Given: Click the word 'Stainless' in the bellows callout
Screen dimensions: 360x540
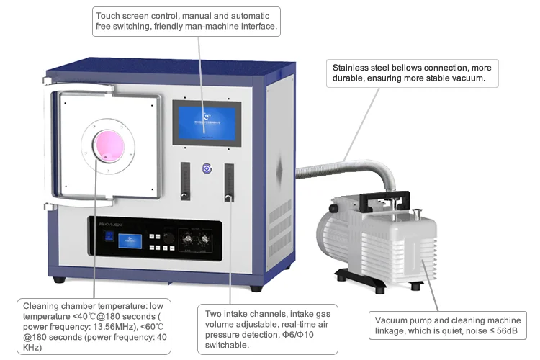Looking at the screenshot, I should (350, 68).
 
